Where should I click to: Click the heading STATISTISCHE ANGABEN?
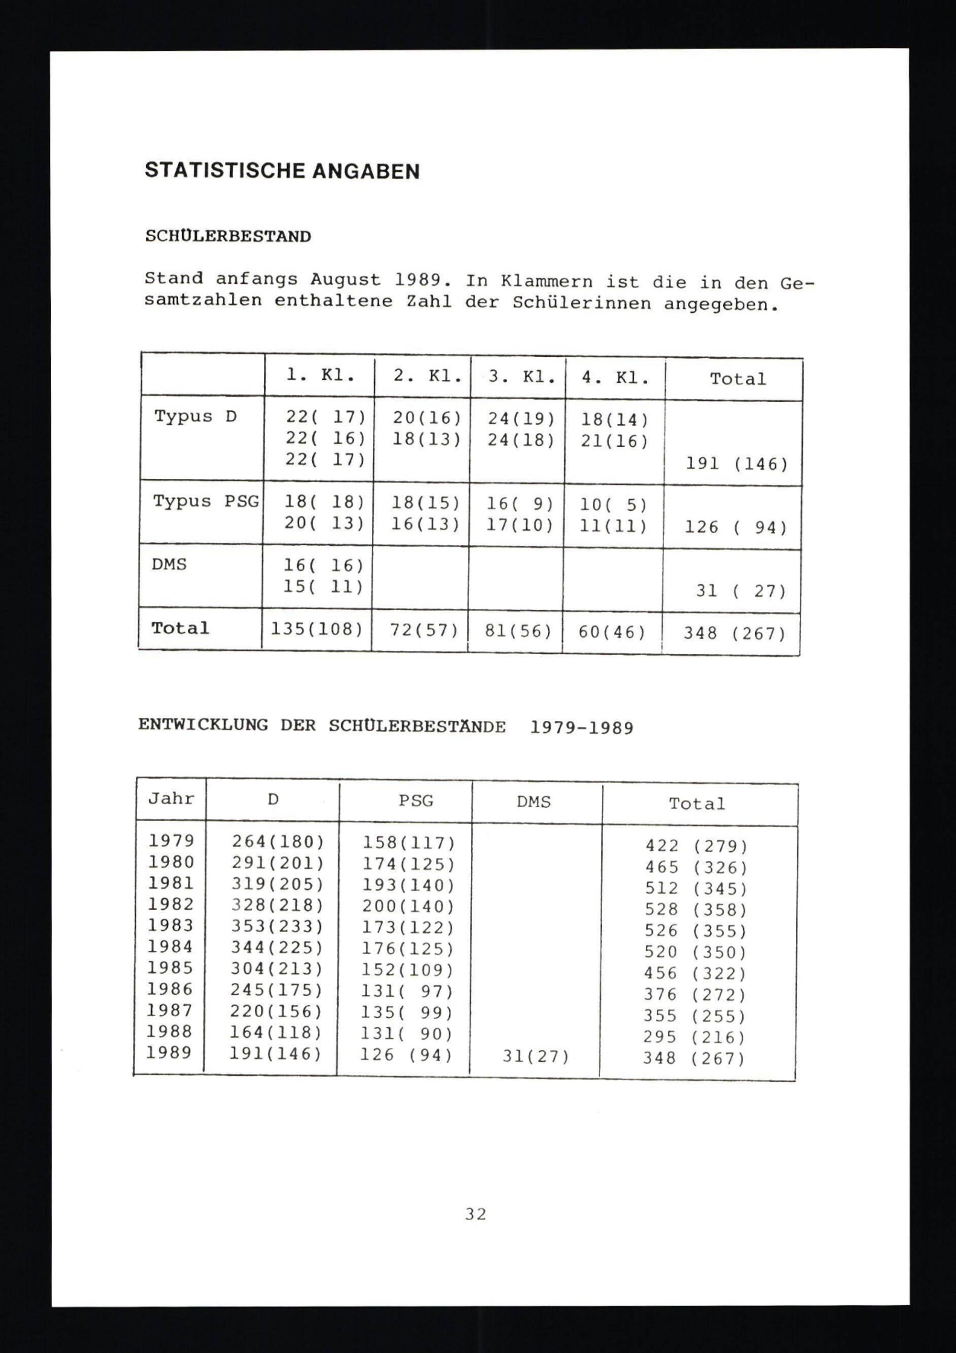tap(282, 171)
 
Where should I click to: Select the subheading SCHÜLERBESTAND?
tap(228, 236)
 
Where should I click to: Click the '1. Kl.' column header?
tap(320, 375)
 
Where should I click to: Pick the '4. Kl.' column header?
tap(615, 378)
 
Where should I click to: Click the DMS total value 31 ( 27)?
tap(740, 591)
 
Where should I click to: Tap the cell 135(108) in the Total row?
tap(316, 629)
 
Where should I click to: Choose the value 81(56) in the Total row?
tap(518, 631)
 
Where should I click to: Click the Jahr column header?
tap(172, 799)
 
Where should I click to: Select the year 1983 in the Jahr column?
tap(171, 925)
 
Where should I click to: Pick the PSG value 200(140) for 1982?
tap(408, 906)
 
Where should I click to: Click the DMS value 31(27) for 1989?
tap(535, 1056)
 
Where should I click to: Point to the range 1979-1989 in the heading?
tap(581, 728)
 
